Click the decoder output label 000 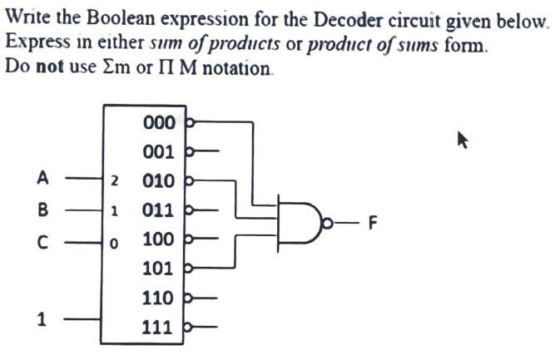[x=159, y=123]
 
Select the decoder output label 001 [x=159, y=152]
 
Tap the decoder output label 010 [x=159, y=181]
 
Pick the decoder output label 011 [x=159, y=210]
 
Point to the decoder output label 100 [x=159, y=239]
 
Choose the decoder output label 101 [x=159, y=269]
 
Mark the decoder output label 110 [x=159, y=298]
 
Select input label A [x=43, y=177]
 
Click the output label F [x=373, y=223]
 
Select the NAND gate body [x=298, y=221]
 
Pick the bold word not [x=48, y=66]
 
